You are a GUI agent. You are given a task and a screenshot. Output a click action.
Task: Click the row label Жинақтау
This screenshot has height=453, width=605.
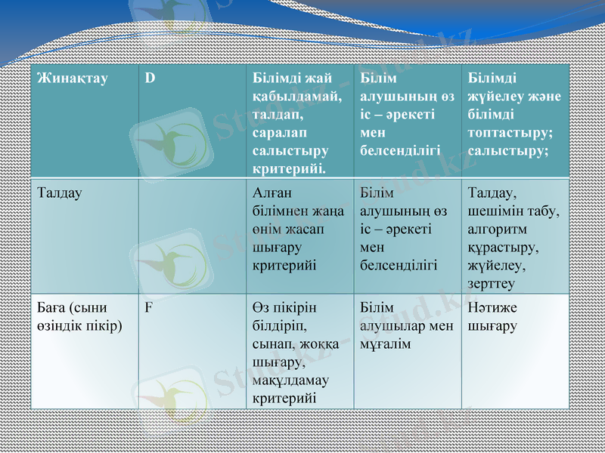(x=73, y=79)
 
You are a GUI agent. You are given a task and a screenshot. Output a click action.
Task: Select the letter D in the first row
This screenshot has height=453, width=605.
(x=150, y=79)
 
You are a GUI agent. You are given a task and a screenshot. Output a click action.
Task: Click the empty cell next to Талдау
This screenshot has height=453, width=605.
(x=192, y=236)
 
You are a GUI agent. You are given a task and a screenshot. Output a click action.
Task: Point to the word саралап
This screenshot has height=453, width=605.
(x=278, y=133)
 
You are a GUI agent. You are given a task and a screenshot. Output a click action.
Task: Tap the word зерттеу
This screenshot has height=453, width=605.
(x=492, y=284)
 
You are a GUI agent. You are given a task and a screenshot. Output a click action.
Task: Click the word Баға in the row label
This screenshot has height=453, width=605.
(x=52, y=308)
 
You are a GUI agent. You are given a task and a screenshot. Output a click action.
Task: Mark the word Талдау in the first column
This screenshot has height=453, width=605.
(x=60, y=193)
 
